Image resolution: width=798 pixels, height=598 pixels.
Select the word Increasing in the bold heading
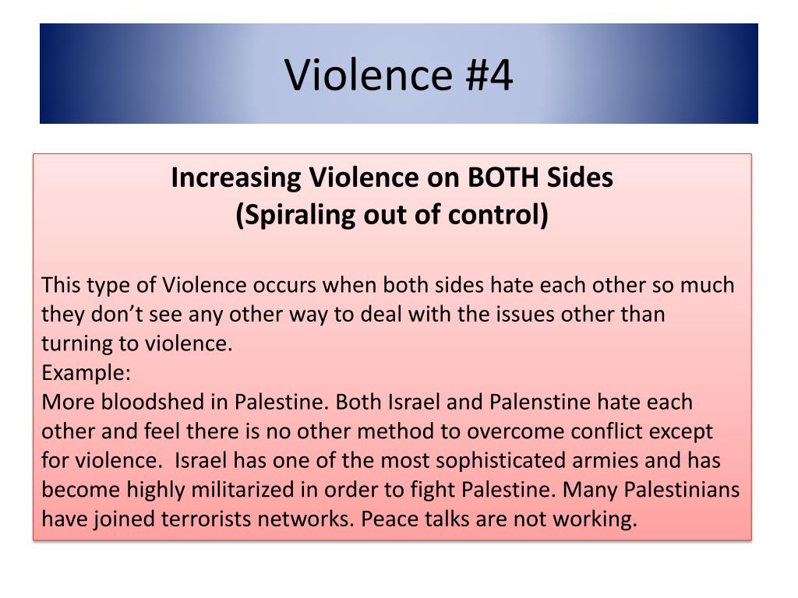(x=238, y=178)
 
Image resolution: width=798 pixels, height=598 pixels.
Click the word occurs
(x=284, y=285)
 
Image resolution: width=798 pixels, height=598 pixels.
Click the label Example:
(x=87, y=372)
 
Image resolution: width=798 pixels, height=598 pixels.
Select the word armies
(x=607, y=461)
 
